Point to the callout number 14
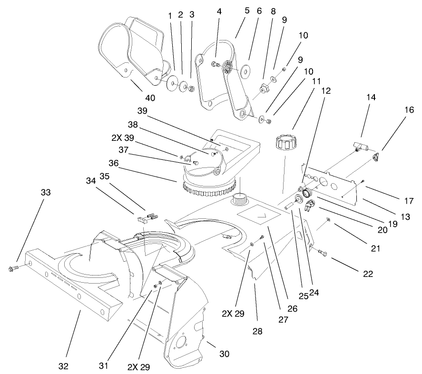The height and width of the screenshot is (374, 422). (371, 98)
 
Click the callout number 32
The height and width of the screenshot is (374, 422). (63, 366)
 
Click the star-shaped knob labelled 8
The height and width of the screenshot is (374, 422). (263, 88)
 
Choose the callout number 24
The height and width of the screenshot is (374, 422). (314, 292)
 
